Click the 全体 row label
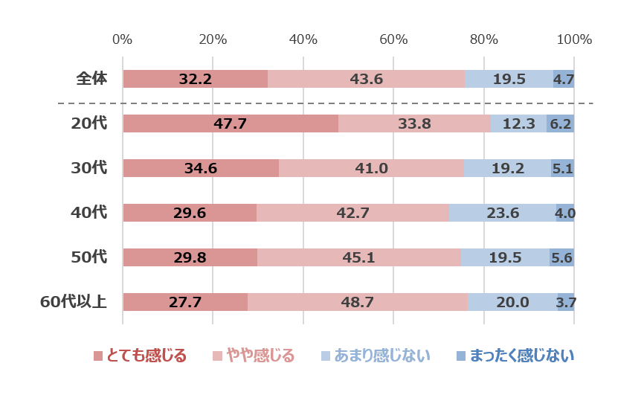pyautogui.click(x=91, y=79)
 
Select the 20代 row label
pyautogui.click(x=89, y=123)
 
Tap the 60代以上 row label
pyautogui.click(x=74, y=302)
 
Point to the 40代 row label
pyautogui.click(x=89, y=213)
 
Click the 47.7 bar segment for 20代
pyautogui.click(x=230, y=123)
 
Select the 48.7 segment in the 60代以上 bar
pyautogui.click(x=357, y=302)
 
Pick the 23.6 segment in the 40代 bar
pyautogui.click(x=502, y=213)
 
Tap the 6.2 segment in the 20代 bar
pyautogui.click(x=560, y=123)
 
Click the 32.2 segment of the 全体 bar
pyautogui.click(x=195, y=79)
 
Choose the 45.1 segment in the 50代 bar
pyautogui.click(x=358, y=257)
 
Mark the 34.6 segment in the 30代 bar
pyautogui.click(x=200, y=168)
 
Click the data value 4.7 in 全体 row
pyautogui.click(x=563, y=79)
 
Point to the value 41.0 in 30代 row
pyautogui.click(x=371, y=168)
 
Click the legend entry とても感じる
pyautogui.click(x=140, y=356)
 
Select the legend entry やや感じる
pyautogui.click(x=254, y=356)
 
